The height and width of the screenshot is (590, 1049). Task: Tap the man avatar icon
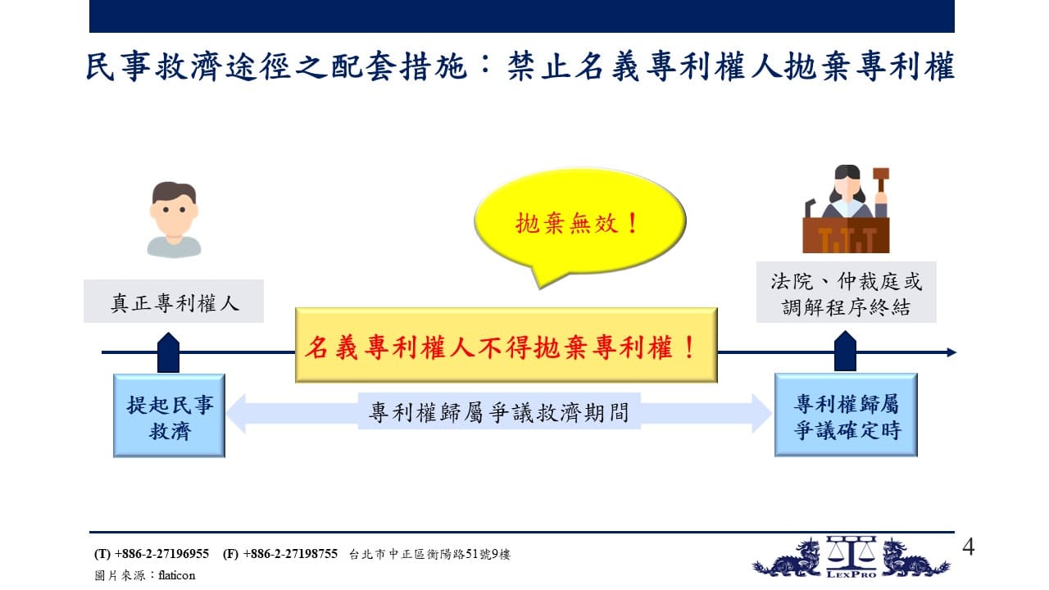tap(174, 220)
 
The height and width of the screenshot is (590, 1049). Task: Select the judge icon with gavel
tap(847, 209)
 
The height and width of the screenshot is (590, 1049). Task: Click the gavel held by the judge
tap(880, 179)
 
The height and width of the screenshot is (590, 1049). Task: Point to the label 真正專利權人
tap(174, 302)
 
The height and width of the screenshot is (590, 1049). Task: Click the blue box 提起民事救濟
tap(169, 415)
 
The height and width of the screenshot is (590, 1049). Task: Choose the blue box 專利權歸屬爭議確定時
tap(846, 415)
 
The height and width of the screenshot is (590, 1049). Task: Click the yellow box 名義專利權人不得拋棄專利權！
tap(506, 345)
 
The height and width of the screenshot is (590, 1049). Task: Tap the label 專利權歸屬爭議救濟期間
tap(499, 411)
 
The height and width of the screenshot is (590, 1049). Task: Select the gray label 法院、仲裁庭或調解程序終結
tap(847, 293)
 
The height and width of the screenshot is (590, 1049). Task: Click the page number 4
tap(969, 547)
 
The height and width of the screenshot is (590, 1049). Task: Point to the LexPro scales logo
tap(851, 557)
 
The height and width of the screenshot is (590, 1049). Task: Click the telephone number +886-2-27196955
tap(161, 554)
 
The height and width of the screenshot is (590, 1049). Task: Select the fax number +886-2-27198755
tap(290, 554)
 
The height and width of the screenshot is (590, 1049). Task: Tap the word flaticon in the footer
tap(176, 575)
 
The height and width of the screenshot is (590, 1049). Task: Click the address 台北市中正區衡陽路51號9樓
tap(429, 555)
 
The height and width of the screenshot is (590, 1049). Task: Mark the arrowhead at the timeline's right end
tap(951, 352)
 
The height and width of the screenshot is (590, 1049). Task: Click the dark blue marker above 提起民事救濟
tap(168, 352)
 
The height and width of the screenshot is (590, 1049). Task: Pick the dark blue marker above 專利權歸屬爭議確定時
tap(845, 352)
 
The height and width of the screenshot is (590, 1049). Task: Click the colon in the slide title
tap(487, 66)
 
